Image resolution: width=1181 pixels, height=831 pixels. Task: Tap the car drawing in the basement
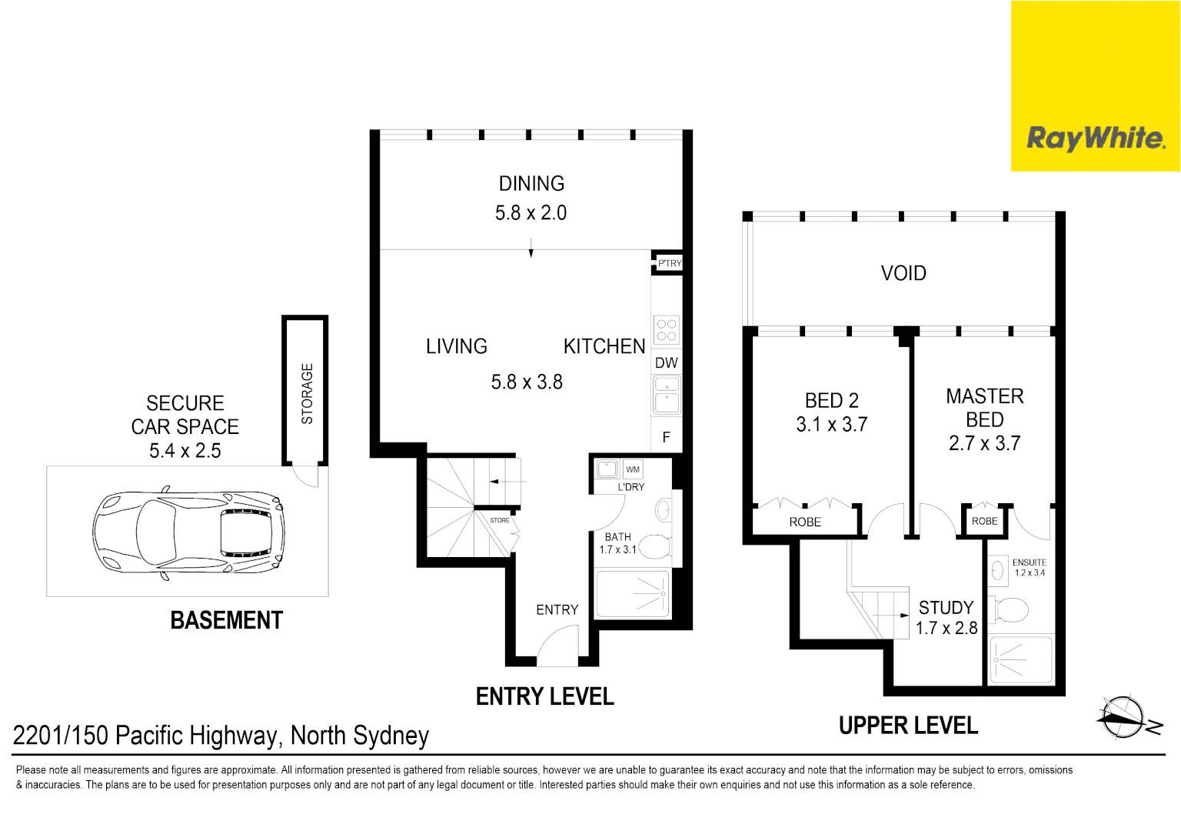click(x=188, y=532)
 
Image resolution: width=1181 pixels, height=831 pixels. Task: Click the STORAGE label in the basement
click(x=307, y=394)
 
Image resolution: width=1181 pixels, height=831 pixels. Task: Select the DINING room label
click(x=531, y=184)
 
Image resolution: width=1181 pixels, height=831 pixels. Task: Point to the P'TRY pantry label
click(x=670, y=262)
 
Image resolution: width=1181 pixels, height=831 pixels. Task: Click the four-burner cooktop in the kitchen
click(x=667, y=330)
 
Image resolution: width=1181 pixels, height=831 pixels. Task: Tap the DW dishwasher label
click(x=667, y=363)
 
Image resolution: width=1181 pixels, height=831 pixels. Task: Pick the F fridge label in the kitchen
click(x=667, y=437)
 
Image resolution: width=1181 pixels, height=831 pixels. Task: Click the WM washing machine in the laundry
click(x=633, y=469)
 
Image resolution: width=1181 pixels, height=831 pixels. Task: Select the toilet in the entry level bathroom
click(x=656, y=546)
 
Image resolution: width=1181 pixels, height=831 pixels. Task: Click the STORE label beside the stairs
click(x=499, y=520)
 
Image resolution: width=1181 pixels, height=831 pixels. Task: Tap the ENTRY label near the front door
click(x=557, y=610)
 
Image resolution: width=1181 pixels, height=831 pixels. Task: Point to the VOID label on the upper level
click(x=903, y=273)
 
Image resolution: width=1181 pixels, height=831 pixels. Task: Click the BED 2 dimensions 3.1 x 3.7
click(x=831, y=425)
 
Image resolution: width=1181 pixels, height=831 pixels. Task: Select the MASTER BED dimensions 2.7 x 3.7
click(x=984, y=443)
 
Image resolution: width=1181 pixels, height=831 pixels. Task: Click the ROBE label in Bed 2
click(x=805, y=522)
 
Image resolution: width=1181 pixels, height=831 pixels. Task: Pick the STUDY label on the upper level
click(x=946, y=608)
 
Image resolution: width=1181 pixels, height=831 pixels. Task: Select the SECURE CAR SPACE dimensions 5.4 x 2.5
click(x=185, y=451)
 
